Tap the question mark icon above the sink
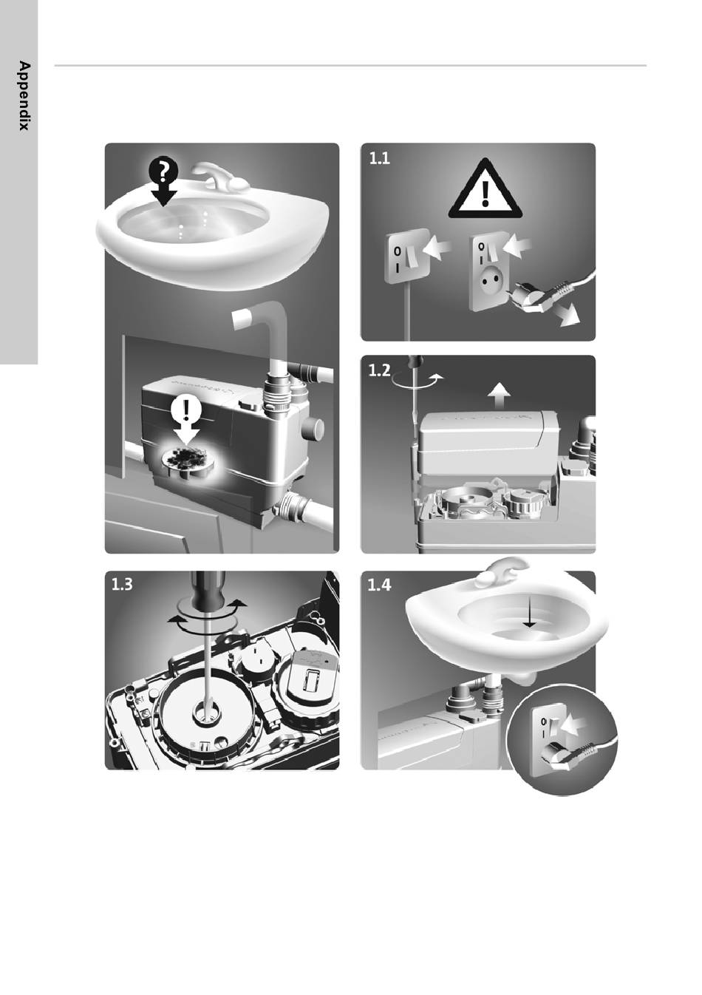click(163, 171)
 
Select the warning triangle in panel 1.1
click(485, 190)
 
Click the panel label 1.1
click(380, 159)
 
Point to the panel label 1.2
click(379, 370)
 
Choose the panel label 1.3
click(122, 584)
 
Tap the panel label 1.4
click(379, 585)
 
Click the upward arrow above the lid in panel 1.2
click(500, 395)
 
